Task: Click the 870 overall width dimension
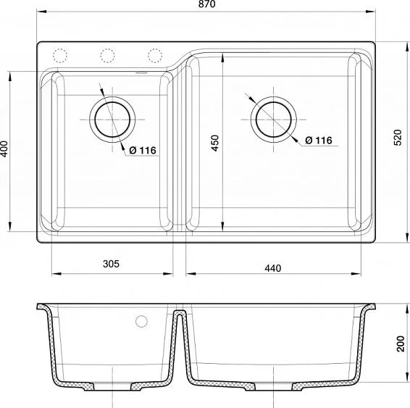point(206,5)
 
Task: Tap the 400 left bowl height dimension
point(5,149)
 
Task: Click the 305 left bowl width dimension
point(110,265)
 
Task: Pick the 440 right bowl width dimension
point(272,267)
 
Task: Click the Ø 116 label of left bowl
point(141,150)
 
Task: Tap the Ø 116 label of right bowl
point(317,140)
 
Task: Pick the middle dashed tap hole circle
point(107,55)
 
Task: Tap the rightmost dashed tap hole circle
point(154,55)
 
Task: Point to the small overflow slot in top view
point(141,72)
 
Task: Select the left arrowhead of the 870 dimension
point(40,12)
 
